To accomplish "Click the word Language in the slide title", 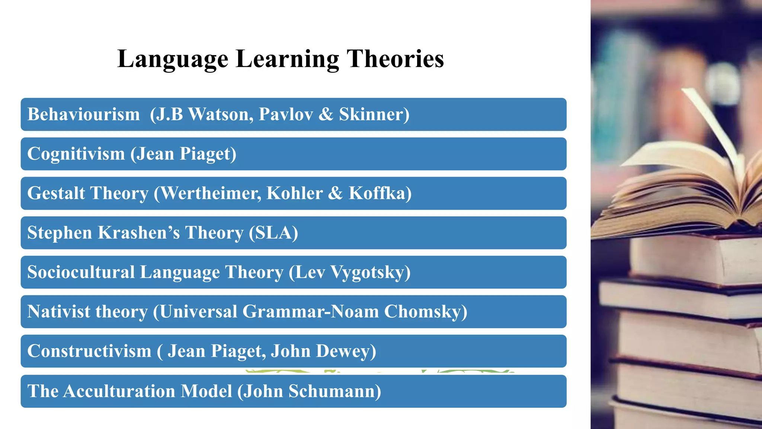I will (x=173, y=59).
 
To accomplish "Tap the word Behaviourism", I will (x=83, y=114).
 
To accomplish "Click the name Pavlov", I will (x=286, y=114).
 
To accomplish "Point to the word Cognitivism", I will (x=76, y=154).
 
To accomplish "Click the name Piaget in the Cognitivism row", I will (x=208, y=154).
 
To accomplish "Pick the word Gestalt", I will (x=56, y=193).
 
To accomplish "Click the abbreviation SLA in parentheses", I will (x=273, y=233).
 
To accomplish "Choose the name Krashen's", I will (x=139, y=233).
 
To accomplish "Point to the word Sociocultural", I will (x=81, y=272).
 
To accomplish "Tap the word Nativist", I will (x=59, y=312).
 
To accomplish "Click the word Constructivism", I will (x=89, y=351).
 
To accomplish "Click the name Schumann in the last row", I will (x=334, y=391).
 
